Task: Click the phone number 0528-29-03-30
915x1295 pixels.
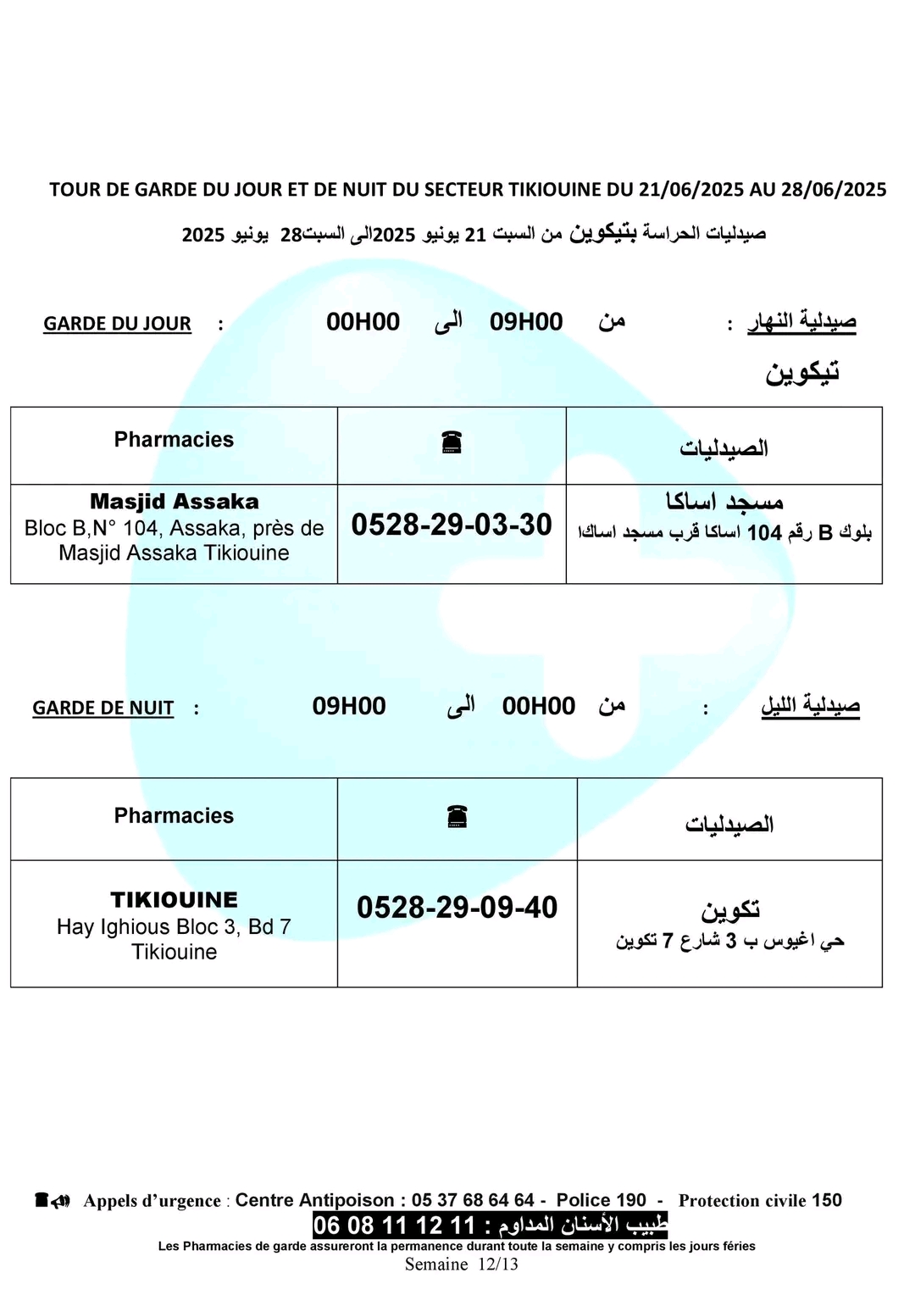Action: [452, 525]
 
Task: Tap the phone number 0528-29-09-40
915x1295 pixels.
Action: [457, 908]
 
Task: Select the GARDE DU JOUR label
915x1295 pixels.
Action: [117, 324]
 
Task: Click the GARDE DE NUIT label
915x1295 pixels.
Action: [103, 708]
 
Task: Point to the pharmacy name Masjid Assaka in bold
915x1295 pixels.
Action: [174, 502]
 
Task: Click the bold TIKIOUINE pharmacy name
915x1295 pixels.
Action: [174, 900]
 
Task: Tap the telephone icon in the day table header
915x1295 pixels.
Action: [452, 442]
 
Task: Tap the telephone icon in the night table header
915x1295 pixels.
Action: [457, 817]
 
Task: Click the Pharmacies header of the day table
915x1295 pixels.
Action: [174, 439]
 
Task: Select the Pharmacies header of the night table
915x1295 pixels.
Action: [174, 815]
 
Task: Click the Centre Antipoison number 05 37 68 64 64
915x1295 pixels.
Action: [473, 1200]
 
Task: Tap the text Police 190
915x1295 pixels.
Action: [601, 1200]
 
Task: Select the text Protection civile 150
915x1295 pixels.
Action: [760, 1200]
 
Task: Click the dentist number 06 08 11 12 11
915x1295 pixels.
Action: [395, 1226]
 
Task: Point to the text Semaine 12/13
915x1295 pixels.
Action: [461, 1264]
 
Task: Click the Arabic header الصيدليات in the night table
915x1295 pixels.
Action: [729, 824]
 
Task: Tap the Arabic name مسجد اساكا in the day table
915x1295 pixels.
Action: [724, 502]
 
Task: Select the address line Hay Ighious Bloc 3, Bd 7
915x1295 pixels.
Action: [174, 927]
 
